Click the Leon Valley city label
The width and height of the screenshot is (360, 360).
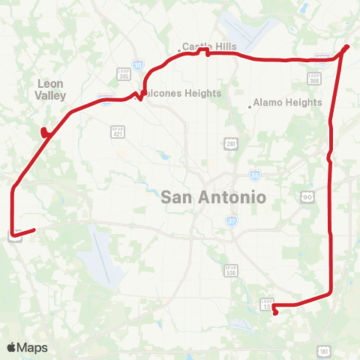pos(51,89)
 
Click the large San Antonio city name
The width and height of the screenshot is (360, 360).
pos(214,198)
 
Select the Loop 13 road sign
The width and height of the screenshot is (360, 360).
pos(266,304)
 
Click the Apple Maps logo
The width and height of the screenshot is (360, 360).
pos(27,347)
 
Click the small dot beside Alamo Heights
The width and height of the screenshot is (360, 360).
pos(250,106)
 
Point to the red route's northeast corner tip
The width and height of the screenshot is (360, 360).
pos(347,46)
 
